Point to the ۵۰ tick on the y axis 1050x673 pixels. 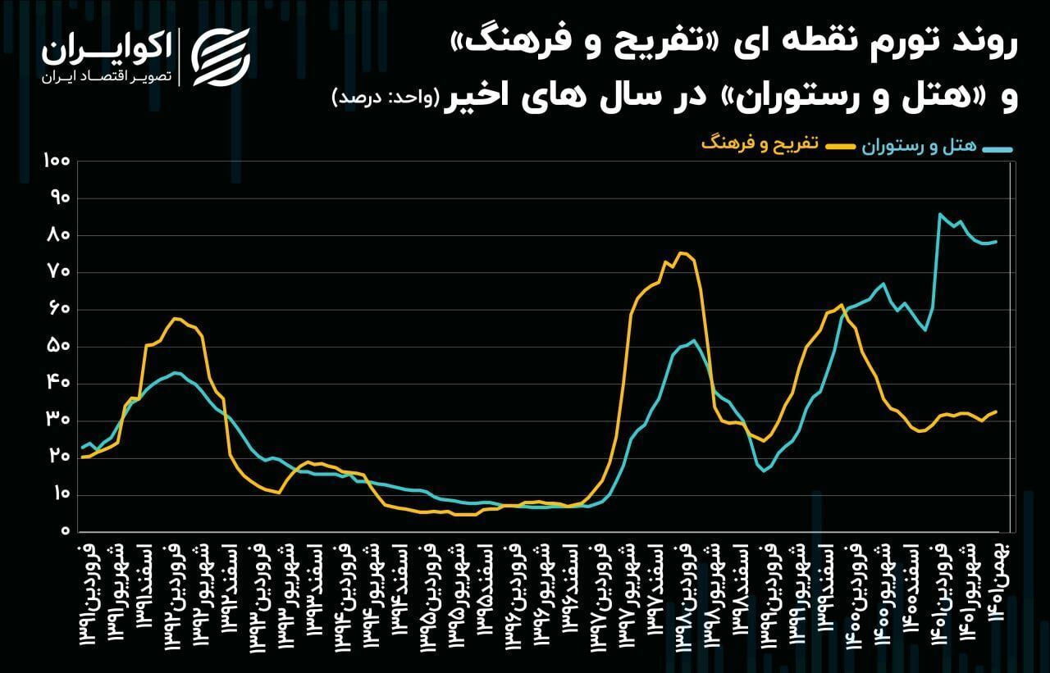pos(58,347)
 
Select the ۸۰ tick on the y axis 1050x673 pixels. pos(58,235)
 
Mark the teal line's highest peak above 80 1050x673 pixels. pos(939,215)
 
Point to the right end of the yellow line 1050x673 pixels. pos(996,412)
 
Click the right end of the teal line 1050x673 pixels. pos(996,242)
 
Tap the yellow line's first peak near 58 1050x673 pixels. pos(175,318)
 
